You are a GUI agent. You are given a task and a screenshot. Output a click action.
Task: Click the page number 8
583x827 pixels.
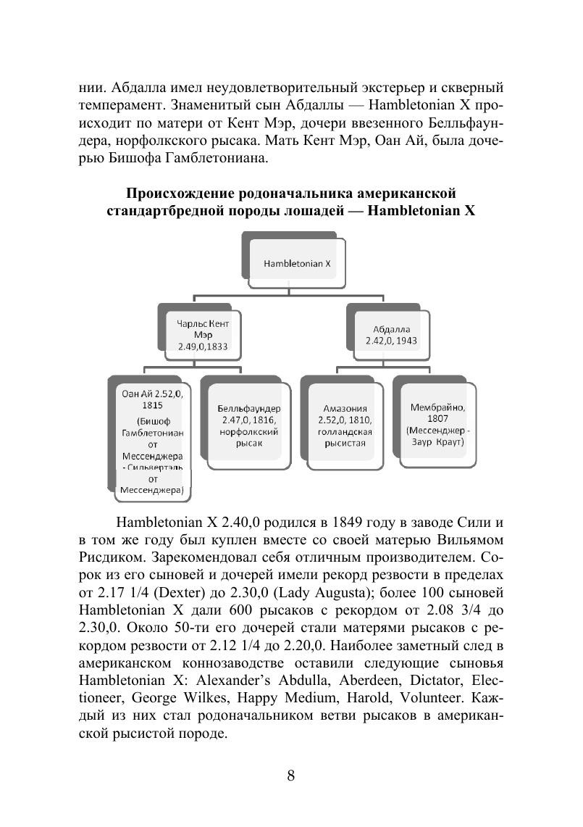(x=291, y=776)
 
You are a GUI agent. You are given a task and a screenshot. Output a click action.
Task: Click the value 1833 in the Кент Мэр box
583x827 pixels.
(x=214, y=347)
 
